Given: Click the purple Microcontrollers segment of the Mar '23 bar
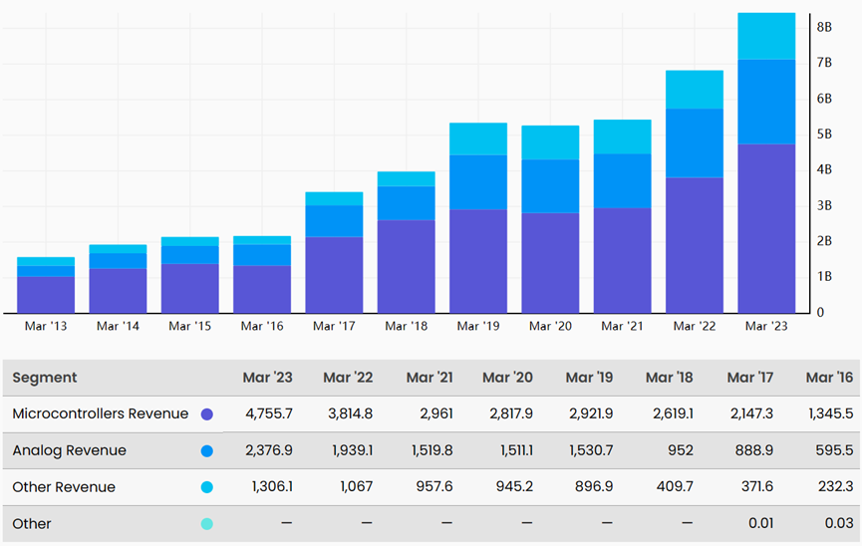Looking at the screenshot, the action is click(766, 229).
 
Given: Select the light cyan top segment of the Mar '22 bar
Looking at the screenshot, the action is click(695, 90).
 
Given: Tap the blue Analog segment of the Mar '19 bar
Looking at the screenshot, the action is click(478, 182).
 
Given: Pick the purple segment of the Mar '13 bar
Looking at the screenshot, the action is click(46, 295).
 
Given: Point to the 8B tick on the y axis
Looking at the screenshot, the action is click(824, 27).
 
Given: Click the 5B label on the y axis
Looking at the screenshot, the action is click(824, 135).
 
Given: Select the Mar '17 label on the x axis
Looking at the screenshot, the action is click(334, 326).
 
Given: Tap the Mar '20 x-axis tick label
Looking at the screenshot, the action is click(550, 326).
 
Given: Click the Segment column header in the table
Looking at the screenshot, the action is click(45, 378).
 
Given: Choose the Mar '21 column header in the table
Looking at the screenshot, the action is click(430, 378).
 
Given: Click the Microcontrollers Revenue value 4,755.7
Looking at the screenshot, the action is click(269, 413).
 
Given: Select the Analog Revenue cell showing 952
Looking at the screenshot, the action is click(681, 450).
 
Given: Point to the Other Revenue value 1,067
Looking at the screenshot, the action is click(356, 486).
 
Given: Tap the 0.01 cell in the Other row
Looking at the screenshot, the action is click(760, 523).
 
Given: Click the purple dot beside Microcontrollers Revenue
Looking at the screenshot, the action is click(206, 414).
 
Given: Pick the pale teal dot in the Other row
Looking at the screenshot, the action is click(206, 523).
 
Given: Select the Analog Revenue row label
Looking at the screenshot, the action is click(70, 450).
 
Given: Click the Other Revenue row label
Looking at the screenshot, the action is click(64, 487).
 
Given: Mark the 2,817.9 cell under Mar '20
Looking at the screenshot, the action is click(511, 413).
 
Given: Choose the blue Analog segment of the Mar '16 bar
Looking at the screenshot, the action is click(262, 255).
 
